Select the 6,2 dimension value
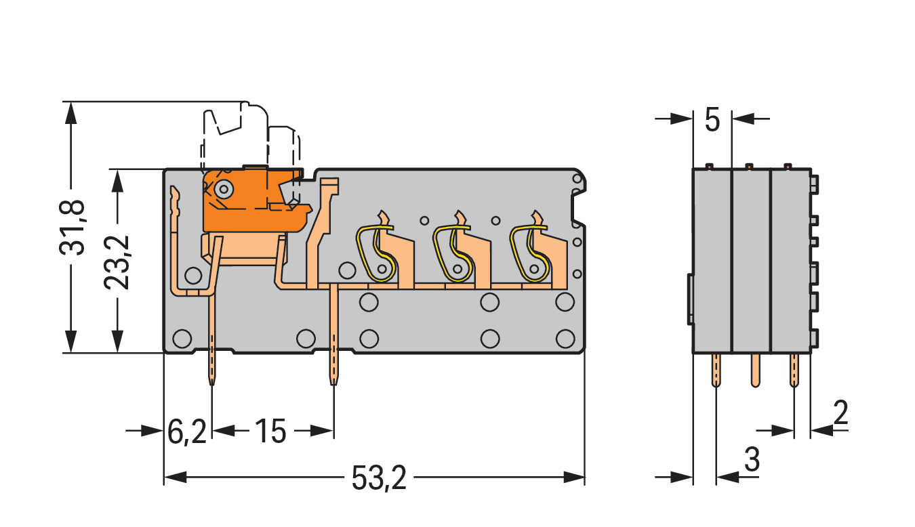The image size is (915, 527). coord(186,431)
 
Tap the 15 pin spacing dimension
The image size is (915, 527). coord(271,431)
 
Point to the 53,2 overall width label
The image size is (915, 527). coord(379,479)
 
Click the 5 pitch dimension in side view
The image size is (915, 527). coord(712,120)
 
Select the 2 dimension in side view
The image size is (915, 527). coord(840,413)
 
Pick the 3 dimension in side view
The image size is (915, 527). coord(752,461)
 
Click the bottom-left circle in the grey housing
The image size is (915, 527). coord(182,337)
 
